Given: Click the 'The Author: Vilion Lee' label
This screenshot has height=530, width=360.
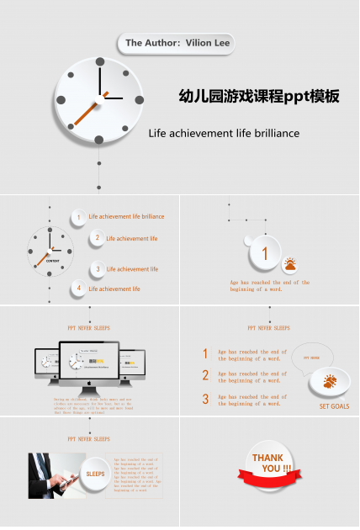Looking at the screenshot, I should [x=175, y=42].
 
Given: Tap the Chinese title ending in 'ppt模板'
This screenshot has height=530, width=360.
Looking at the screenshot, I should [x=259, y=97].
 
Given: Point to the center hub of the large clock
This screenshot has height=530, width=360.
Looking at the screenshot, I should [x=100, y=98].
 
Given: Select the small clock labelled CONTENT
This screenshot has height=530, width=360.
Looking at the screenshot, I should [x=50, y=250].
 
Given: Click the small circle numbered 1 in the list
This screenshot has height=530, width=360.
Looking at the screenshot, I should [x=78, y=217].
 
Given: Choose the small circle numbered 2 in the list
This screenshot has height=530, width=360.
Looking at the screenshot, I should [x=98, y=238].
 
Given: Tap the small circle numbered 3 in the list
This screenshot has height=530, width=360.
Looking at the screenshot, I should [x=98, y=269].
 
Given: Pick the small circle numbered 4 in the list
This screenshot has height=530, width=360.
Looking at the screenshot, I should [x=79, y=289].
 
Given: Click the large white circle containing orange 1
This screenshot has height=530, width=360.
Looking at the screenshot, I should [x=265, y=252].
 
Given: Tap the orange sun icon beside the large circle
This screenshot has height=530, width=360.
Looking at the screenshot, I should [x=290, y=265].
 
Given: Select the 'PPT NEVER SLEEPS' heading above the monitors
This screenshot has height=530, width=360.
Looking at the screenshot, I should [x=89, y=328].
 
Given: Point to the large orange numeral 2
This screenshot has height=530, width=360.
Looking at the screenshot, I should [x=205, y=376].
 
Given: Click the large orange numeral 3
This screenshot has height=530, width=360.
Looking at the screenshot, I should [x=205, y=400].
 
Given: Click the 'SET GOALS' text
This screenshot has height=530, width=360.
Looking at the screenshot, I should [x=334, y=406].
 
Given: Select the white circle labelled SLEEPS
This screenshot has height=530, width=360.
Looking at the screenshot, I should [x=95, y=474].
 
